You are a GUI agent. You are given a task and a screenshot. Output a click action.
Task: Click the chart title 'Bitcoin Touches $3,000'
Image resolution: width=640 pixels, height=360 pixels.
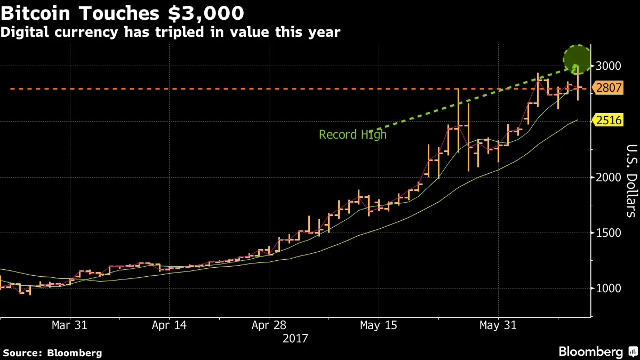[123, 12]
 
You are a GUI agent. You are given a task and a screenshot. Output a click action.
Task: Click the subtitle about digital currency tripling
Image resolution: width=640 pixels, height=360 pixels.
[170, 32]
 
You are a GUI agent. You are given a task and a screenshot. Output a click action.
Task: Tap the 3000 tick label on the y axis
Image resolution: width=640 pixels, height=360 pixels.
[608, 66]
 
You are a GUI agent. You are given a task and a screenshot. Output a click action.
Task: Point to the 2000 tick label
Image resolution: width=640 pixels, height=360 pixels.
[608, 178]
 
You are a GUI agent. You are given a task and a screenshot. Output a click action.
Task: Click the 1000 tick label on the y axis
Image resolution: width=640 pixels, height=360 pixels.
[608, 289]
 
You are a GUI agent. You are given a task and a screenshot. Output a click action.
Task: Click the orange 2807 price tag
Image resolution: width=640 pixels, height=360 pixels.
[609, 89]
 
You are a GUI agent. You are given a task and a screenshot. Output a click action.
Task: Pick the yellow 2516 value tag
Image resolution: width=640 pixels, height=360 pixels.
[609, 120]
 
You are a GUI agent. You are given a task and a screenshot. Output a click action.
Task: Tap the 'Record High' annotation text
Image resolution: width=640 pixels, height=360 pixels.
[353, 135]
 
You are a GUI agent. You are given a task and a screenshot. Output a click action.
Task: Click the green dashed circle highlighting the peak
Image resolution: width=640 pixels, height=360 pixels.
[577, 59]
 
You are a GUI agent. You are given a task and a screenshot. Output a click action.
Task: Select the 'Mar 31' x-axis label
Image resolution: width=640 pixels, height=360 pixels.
[70, 325]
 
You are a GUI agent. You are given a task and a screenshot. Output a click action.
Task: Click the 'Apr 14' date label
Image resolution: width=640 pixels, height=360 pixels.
[169, 325]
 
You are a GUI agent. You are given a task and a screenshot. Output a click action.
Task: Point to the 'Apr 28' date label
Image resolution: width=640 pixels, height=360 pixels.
[269, 325]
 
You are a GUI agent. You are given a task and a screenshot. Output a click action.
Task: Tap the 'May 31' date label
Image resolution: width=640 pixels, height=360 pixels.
[498, 325]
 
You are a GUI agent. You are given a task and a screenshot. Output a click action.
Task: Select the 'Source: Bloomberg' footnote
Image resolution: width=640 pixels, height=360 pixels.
[52, 353]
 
